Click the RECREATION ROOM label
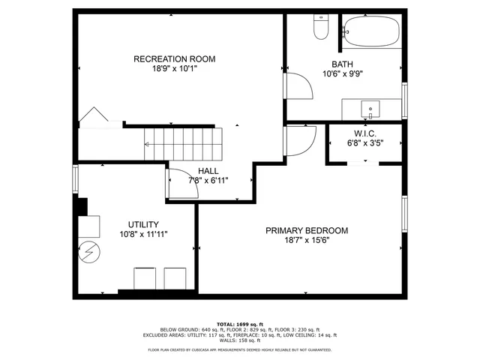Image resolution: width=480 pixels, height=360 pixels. [175, 59]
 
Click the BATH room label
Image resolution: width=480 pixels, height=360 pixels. [343, 64]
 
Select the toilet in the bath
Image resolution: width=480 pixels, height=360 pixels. [319, 28]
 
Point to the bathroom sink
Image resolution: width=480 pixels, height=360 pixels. [370, 110]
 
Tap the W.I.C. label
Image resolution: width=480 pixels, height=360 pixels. [365, 133]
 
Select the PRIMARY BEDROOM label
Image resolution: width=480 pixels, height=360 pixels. [307, 231]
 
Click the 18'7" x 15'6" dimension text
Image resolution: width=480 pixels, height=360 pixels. [307, 240]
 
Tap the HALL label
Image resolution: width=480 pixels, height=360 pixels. [208, 171]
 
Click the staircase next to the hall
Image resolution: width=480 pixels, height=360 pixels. [184, 142]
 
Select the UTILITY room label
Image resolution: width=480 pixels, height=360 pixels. [142, 224]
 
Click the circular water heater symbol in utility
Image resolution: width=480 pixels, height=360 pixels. [89, 251]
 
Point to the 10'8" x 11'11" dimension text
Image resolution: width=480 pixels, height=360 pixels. [142, 234]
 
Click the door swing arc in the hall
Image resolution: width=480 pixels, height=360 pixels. [183, 182]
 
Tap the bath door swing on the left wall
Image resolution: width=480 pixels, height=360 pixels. [299, 85]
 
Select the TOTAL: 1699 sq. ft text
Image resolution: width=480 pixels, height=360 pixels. [239, 324]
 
